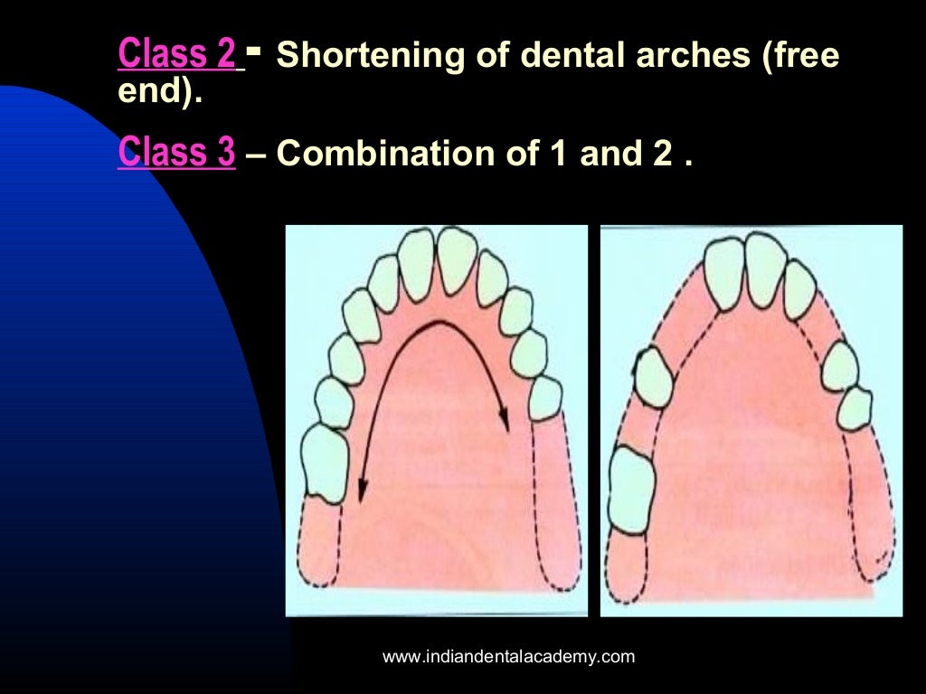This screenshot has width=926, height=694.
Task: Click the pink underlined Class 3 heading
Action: tap(176, 154)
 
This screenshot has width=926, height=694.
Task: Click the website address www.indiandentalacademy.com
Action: tap(509, 657)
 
